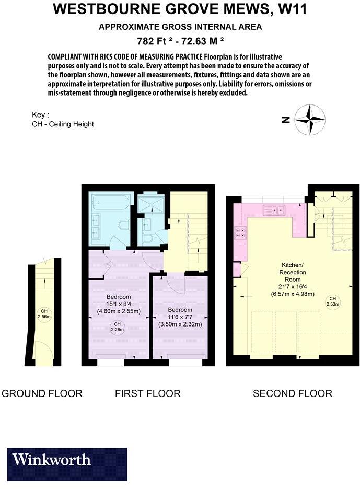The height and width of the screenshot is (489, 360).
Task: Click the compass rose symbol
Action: [309, 120]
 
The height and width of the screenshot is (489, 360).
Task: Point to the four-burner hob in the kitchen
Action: [242, 232]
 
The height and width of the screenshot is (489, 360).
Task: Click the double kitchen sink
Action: [274, 211]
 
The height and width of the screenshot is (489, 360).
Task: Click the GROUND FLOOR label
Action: [42, 393]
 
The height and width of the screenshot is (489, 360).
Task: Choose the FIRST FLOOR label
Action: [148, 393]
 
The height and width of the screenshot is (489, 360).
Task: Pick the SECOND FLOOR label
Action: [293, 393]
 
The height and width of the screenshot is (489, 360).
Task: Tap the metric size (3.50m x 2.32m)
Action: [180, 324]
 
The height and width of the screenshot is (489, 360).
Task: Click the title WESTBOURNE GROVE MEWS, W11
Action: [180, 9]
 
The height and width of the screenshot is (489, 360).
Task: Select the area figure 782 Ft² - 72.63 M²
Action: [180, 41]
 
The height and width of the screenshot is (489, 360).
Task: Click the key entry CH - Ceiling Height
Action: [63, 124]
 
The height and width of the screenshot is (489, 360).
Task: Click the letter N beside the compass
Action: [286, 120]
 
